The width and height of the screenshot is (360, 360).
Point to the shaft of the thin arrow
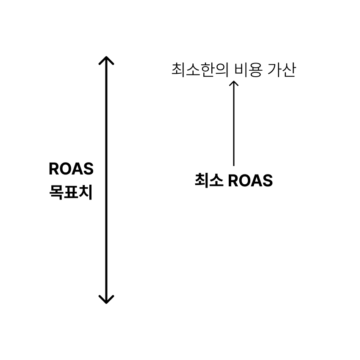click(234, 123)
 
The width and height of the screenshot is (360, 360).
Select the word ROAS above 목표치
click(71, 169)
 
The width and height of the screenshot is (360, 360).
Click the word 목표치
click(71, 192)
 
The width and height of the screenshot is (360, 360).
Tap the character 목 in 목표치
click(56, 192)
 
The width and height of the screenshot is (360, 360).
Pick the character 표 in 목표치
click(71, 192)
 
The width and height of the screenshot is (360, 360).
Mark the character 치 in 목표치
click(86, 192)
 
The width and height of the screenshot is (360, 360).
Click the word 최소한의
click(200, 69)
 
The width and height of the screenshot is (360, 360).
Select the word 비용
click(248, 69)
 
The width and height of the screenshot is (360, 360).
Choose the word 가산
click(282, 69)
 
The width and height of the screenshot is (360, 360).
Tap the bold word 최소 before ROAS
click(209, 180)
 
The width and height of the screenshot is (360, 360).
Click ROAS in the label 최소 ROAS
click(250, 180)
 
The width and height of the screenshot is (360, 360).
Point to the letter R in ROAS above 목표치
click(54, 169)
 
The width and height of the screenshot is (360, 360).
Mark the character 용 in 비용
click(255, 70)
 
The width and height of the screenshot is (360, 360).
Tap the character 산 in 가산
click(289, 69)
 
